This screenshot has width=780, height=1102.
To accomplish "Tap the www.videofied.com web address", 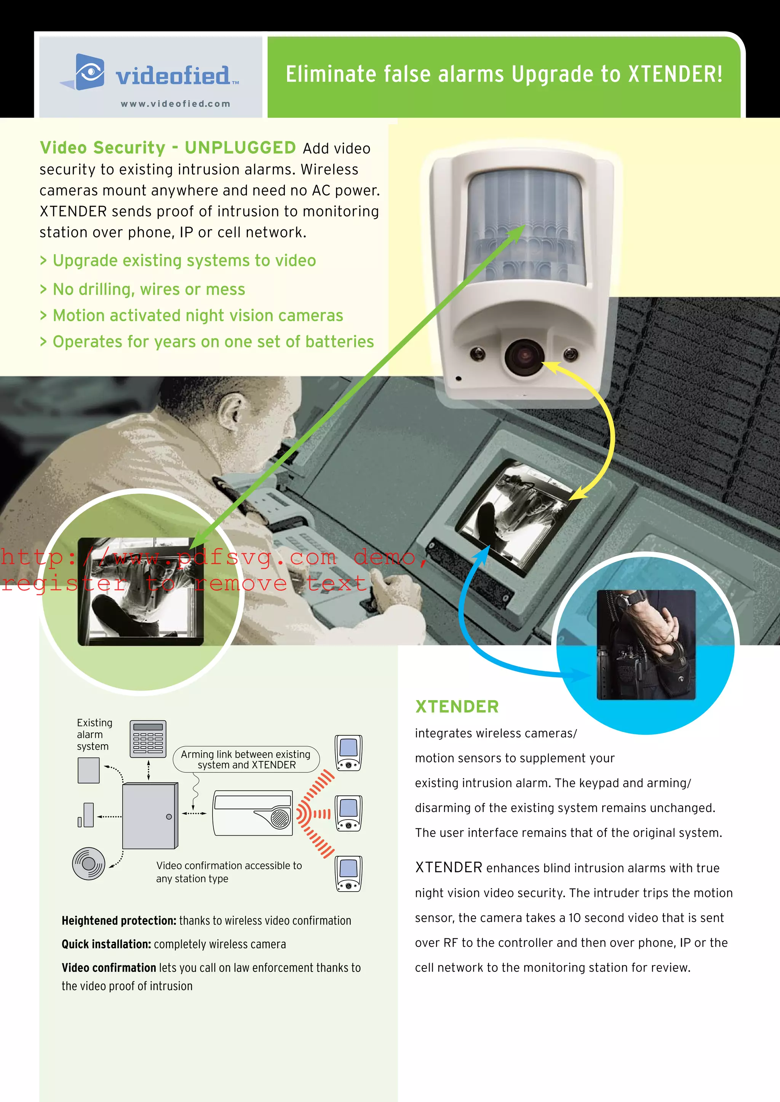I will (175, 104).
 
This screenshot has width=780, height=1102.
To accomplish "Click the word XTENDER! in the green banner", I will (675, 75).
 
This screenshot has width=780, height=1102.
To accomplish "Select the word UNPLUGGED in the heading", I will (240, 148).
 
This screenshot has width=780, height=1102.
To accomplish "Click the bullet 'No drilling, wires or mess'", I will (149, 290).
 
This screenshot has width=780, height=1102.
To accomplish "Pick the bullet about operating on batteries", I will (213, 342).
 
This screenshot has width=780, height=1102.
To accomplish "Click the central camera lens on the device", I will (524, 356).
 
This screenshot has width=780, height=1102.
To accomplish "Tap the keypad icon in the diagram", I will (148, 739).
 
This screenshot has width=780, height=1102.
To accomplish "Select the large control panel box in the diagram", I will (149, 816).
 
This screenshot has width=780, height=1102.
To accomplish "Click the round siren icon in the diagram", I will (89, 863).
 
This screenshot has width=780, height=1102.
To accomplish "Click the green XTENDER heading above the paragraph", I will (457, 707).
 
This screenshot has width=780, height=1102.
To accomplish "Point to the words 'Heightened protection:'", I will (118, 920).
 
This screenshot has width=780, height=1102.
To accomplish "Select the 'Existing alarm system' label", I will (94, 734).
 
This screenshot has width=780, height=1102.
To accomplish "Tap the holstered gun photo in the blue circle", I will (646, 645).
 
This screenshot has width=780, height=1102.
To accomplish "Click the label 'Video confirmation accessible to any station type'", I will (229, 872).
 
